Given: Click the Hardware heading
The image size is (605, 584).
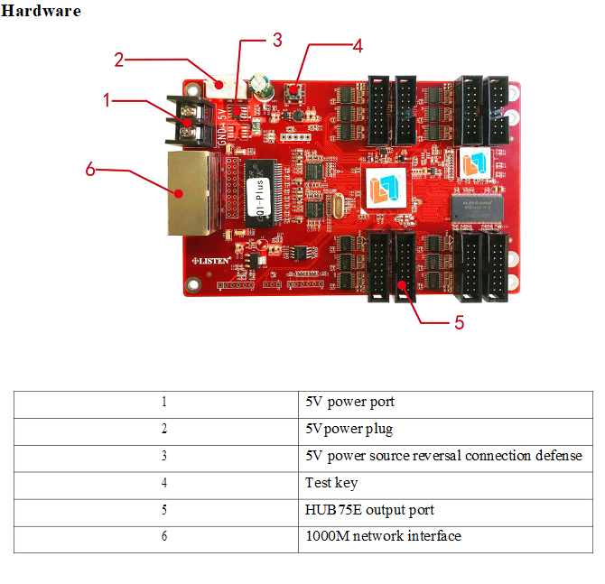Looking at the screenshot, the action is (41, 11).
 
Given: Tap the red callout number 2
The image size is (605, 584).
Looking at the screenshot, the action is (119, 60).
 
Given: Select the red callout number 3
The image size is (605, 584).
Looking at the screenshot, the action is (277, 40).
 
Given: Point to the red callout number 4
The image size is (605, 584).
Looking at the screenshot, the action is (358, 46).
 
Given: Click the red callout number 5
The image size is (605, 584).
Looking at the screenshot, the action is (459, 322).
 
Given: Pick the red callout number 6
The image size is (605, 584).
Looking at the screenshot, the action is (90, 169).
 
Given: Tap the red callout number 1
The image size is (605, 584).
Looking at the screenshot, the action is (107, 100).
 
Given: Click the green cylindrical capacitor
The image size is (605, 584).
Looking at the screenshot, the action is (261, 88).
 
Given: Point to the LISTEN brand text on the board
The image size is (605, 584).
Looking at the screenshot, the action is (211, 261).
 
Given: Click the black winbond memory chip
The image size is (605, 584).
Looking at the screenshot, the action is (478, 208).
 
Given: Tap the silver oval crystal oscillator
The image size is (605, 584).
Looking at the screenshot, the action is (337, 207).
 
